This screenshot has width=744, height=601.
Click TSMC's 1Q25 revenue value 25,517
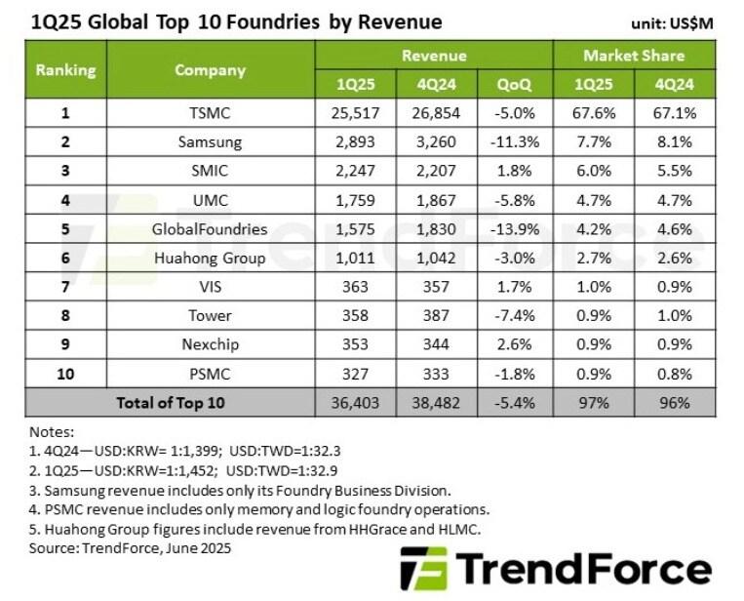pos(354,113)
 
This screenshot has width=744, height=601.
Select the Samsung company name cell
pos(210,141)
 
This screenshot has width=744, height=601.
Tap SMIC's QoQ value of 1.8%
pos(514,171)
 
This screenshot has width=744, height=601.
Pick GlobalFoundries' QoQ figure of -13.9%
pos(514,228)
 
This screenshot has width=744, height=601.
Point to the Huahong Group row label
pos(210,258)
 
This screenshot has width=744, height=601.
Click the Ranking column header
pos(65,70)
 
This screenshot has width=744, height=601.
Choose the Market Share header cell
pos(634,56)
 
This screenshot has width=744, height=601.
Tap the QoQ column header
pos(514,85)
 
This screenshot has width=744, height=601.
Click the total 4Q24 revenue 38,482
pos(435,402)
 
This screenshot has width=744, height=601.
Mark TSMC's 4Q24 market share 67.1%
pos(674,113)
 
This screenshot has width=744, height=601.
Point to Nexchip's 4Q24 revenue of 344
pos(435,344)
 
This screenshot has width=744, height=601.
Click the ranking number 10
pos(65,373)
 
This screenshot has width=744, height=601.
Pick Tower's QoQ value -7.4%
pos(514,315)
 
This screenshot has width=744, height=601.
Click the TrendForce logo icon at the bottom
pos(424,568)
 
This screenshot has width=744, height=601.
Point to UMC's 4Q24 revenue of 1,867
pos(435,200)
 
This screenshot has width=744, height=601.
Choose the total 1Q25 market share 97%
pos(594,402)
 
